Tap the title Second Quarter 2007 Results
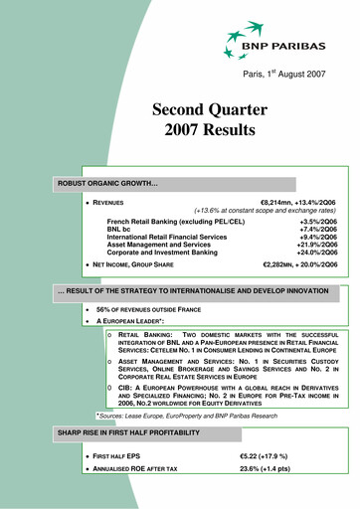tap(204, 118)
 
